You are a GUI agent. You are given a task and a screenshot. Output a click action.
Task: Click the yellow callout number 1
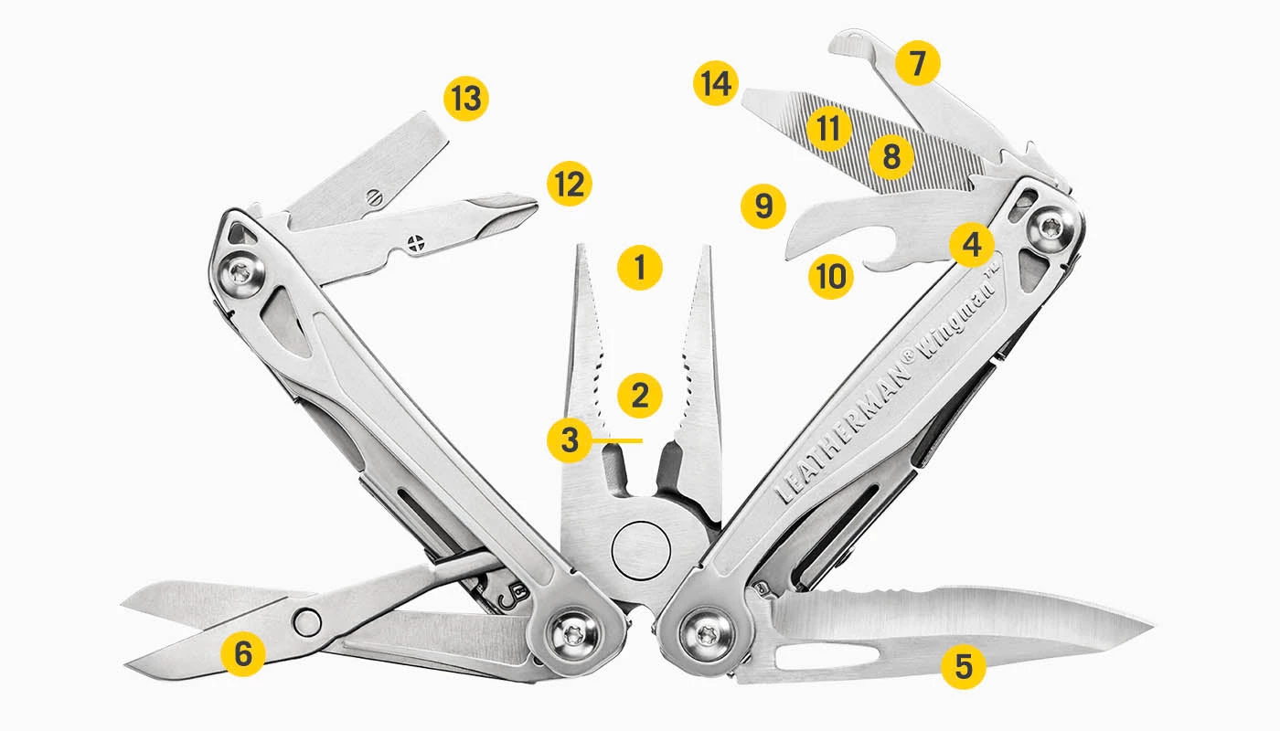(640, 268)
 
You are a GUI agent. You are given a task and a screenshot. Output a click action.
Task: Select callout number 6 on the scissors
(243, 653)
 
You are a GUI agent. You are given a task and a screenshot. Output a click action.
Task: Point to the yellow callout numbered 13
(466, 99)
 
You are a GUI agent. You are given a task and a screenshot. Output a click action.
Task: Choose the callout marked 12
(569, 184)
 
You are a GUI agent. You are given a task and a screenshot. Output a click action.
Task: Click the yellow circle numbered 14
(715, 83)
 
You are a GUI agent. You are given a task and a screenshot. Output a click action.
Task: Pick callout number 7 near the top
(918, 63)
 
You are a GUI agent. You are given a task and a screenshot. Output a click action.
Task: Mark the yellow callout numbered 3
(570, 440)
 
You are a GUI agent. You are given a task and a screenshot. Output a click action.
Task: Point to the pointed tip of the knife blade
(1150, 626)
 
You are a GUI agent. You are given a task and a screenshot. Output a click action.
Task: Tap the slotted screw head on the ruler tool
(371, 196)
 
